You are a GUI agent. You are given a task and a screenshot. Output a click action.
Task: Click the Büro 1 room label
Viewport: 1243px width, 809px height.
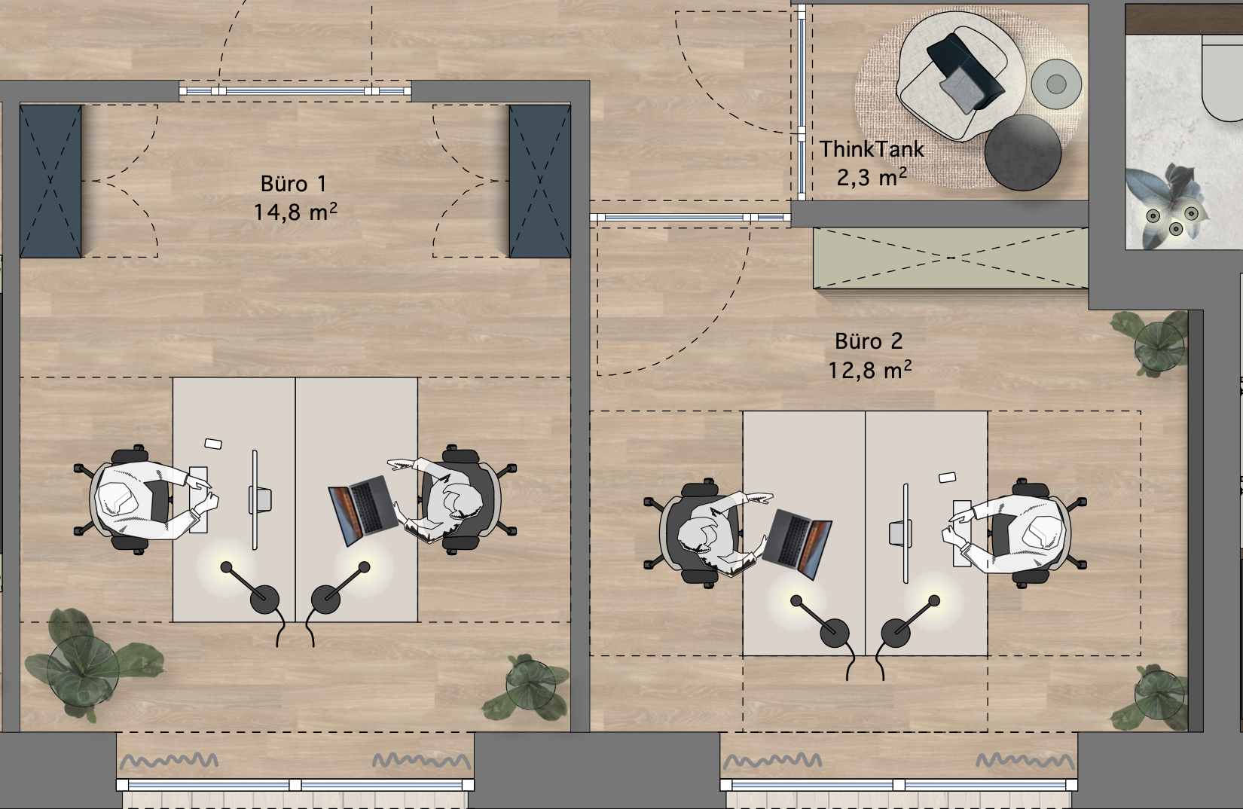[293, 184]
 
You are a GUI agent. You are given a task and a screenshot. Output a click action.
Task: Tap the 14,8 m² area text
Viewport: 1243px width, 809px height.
[295, 212]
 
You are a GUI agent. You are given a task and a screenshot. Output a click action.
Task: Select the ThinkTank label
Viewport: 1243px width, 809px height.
[872, 148]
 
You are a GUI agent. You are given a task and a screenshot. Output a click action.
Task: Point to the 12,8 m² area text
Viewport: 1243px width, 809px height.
[869, 370]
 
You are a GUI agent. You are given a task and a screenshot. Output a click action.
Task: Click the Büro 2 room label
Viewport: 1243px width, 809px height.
[869, 341]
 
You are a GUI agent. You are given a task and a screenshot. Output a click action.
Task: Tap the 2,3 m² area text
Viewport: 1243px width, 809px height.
[872, 177]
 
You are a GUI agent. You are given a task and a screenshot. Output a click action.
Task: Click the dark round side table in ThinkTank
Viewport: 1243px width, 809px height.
[1023, 153]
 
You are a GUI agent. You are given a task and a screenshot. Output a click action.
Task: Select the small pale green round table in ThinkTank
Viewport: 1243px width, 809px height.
[1056, 84]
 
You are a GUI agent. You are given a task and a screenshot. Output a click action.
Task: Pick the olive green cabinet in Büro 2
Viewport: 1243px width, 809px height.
[951, 258]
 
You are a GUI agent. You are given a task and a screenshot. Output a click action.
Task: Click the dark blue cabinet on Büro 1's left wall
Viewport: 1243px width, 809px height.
[50, 182]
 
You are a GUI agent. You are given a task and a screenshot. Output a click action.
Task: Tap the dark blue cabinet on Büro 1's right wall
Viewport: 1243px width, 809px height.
[540, 182]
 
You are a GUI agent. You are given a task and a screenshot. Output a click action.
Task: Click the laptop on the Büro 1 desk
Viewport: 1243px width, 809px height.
[363, 510]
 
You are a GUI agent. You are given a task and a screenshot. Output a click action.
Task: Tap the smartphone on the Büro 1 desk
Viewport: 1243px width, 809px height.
[213, 444]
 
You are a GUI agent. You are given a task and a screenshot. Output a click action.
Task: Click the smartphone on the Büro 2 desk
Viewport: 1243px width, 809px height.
[947, 477]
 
